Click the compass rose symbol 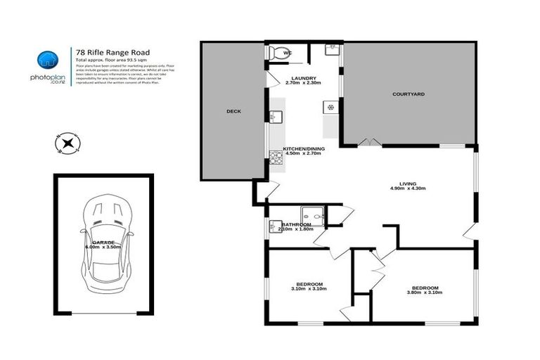click(67, 143)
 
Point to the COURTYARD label click(409, 94)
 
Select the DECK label click(233, 111)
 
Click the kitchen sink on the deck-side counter click(276, 117)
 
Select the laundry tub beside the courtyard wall click(331, 50)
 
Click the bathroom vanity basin click(274, 226)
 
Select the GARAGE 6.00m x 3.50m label click(103, 244)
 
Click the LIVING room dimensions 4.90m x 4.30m click(409, 189)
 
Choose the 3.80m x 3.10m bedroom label click(425, 291)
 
